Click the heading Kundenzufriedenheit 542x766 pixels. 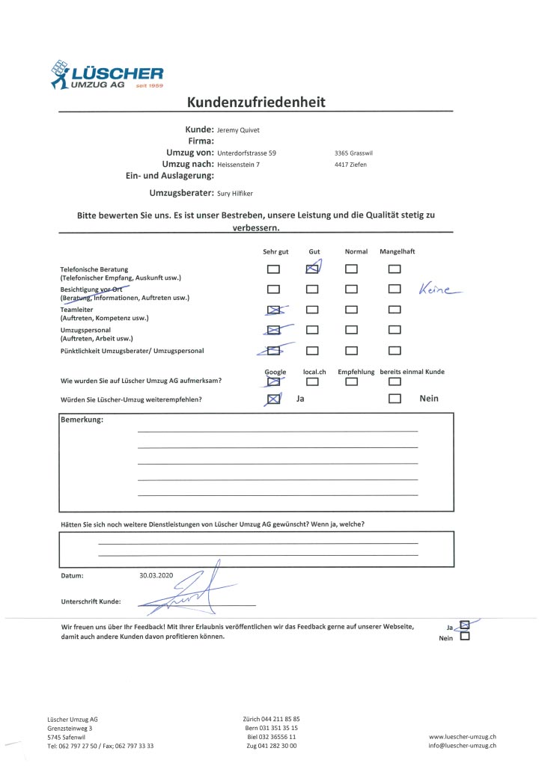[256, 102]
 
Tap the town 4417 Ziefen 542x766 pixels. [351, 164]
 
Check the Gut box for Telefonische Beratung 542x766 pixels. [314, 269]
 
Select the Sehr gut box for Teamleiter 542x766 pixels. [274, 309]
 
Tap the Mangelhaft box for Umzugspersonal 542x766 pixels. [395, 329]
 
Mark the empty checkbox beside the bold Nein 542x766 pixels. [395, 399]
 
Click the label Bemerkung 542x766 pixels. [82, 419]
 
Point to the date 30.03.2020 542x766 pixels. [156, 576]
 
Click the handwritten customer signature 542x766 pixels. [187, 591]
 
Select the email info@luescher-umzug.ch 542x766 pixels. [463, 746]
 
